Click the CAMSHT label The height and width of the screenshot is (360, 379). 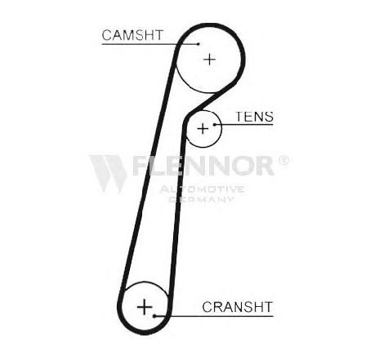pyautogui.click(x=132, y=35)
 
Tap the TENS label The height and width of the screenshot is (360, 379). pyautogui.click(x=254, y=117)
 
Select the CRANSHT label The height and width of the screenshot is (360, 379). pyautogui.click(x=237, y=307)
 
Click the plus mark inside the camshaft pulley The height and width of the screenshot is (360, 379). pyautogui.click(x=210, y=60)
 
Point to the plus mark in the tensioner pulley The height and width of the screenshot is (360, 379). pyautogui.click(x=203, y=128)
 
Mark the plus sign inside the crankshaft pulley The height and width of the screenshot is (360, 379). pyautogui.click(x=145, y=307)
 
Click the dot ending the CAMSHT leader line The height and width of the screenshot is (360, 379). pyautogui.click(x=198, y=44)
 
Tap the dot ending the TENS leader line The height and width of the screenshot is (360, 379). pyautogui.click(x=215, y=125)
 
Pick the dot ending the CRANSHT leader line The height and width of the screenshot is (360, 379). pyautogui.click(x=154, y=316)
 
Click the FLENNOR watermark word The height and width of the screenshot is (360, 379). pyautogui.click(x=203, y=166)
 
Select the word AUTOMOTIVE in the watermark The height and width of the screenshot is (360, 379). pyautogui.click(x=202, y=189)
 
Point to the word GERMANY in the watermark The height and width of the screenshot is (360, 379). pyautogui.click(x=202, y=199)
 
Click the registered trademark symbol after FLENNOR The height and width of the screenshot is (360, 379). pyautogui.click(x=283, y=160)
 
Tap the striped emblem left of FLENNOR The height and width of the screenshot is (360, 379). pyautogui.click(x=109, y=174)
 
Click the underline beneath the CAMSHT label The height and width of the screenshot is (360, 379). pyautogui.click(x=150, y=44)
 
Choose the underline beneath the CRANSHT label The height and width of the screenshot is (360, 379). pyautogui.click(x=214, y=316)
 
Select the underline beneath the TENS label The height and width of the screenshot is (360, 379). pyautogui.click(x=244, y=125)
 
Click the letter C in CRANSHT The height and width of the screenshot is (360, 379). pyautogui.click(x=207, y=307)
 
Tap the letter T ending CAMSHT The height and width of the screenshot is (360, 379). pyautogui.click(x=158, y=35)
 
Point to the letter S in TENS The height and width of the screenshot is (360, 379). pyautogui.click(x=268, y=117)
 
